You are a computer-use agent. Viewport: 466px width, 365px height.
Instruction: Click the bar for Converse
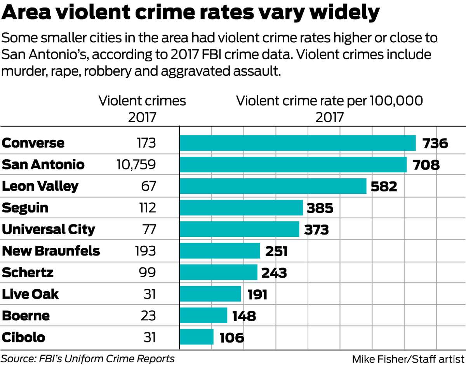coord(297,143)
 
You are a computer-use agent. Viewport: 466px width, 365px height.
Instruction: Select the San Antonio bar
coord(293,165)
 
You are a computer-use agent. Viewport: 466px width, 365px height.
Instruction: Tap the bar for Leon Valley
coord(273,186)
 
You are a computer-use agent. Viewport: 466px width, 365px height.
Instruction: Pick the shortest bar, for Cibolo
coord(196,337)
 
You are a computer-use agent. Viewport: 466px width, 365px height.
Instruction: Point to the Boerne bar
coord(203,315)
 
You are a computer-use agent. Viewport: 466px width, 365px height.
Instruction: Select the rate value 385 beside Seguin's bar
coord(320,208)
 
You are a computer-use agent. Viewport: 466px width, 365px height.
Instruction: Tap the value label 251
coord(276,251)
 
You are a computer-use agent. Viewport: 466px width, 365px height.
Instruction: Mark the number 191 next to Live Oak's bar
coord(257,294)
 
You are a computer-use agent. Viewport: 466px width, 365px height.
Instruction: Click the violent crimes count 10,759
coord(136,165)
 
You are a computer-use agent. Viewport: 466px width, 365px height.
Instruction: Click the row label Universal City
coord(49,229)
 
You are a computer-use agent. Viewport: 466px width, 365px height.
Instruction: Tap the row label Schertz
coord(28,273)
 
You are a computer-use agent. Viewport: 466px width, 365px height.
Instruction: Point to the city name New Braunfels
coord(51,251)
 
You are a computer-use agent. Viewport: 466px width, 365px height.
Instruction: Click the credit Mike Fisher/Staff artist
coord(408,358)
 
